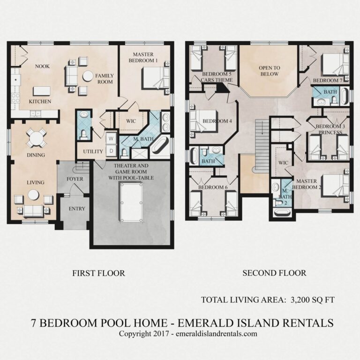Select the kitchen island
pyautogui.click(x=42, y=90)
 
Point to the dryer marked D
pyautogui.click(x=112, y=150)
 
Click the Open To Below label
pyautogui.click(x=269, y=71)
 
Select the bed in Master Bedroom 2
pyautogui.click(x=335, y=185)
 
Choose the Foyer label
pyautogui.click(x=75, y=179)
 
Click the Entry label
pyautogui.click(x=77, y=209)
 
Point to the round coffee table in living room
pyautogui.click(x=32, y=195)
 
